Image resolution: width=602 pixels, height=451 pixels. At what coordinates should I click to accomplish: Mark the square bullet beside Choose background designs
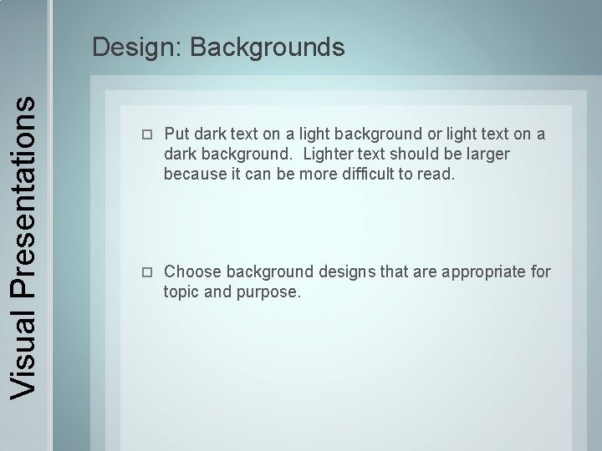click(x=148, y=272)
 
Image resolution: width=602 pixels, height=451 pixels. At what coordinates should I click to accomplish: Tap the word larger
click(x=486, y=155)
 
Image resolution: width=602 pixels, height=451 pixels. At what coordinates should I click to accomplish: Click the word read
click(x=438, y=174)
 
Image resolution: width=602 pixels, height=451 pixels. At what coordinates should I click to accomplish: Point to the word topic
click(x=183, y=291)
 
